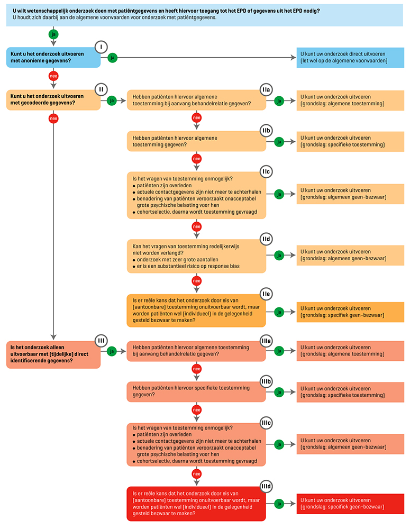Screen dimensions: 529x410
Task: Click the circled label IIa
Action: [266, 90]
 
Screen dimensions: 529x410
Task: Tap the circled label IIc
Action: [266, 172]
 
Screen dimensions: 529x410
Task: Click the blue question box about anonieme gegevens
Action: [53, 57]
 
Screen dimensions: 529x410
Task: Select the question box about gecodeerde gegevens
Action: [53, 100]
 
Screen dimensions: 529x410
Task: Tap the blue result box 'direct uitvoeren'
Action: [350, 57]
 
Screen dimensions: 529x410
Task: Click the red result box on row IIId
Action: [350, 504]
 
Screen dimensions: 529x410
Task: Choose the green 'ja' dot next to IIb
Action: [279, 141]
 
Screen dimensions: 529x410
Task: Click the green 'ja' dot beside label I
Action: [112, 58]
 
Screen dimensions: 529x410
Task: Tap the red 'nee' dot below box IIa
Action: [196, 117]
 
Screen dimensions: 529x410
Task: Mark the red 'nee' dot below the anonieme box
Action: [53, 76]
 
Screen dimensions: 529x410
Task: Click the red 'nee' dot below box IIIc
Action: [196, 474]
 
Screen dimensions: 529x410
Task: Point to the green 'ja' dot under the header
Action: [53, 34]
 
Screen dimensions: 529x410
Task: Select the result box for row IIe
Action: [350, 312]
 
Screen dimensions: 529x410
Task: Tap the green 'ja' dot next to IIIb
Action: [279, 391]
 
